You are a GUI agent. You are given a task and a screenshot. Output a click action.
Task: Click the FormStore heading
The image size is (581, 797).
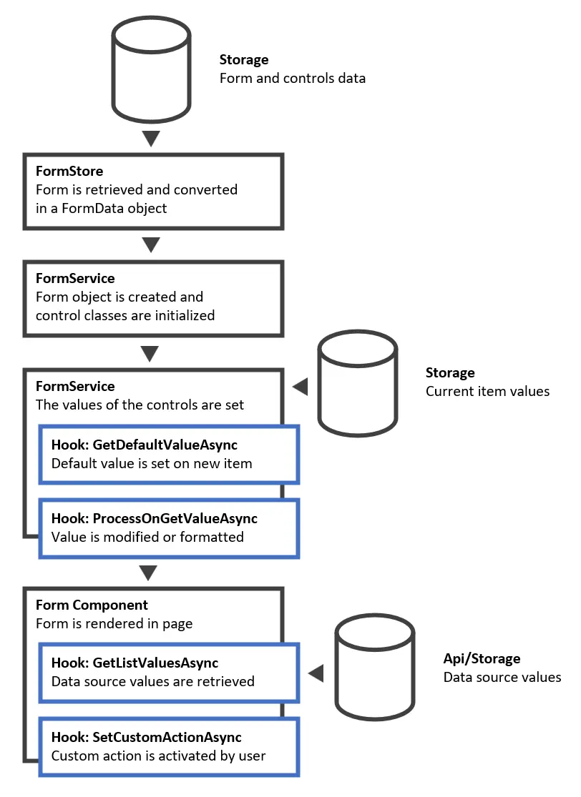pos(69,172)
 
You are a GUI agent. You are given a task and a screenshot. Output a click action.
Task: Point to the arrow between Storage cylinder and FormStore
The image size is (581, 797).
pos(151,137)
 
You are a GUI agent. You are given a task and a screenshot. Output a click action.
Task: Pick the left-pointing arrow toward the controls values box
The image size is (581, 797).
pos(301,387)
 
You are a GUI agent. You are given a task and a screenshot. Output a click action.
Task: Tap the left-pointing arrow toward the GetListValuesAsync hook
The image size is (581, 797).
pos(316,673)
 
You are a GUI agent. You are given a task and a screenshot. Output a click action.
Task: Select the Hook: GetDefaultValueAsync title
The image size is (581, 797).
pos(144,445)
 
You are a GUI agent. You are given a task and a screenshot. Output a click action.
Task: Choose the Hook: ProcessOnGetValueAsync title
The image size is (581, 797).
pos(154,518)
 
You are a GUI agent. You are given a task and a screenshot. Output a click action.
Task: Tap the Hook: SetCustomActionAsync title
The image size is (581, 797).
pos(146,737)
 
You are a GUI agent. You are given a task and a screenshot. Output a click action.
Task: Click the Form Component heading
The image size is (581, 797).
pos(92,605)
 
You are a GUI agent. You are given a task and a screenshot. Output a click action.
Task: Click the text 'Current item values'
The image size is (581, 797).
pos(487,391)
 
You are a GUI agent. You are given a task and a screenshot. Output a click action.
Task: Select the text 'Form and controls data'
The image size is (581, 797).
pos(292,78)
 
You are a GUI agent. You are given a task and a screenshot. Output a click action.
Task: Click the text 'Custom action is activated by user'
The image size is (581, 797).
pos(158,755)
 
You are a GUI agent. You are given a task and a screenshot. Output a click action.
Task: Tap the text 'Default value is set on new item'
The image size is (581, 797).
pos(152,463)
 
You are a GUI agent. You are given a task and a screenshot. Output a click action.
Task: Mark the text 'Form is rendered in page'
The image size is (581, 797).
pos(114,623)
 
